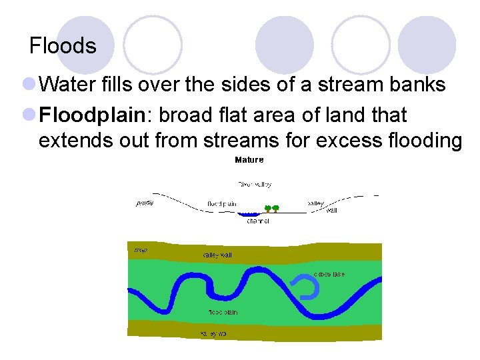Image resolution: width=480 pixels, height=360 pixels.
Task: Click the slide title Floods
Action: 63,46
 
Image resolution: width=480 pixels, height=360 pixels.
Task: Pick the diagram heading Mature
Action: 249,160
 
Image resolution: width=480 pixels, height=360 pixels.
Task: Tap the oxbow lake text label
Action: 329,274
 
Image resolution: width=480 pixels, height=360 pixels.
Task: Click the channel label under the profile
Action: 257,221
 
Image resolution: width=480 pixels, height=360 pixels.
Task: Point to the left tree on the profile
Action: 267,208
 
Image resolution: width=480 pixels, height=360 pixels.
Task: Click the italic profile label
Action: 145,203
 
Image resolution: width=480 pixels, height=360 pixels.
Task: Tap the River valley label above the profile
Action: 254,184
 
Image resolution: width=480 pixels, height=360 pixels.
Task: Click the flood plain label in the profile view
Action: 221,203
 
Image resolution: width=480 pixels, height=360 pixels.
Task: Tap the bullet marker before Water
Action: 29,85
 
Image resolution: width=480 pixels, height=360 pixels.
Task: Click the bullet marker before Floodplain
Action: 29,115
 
